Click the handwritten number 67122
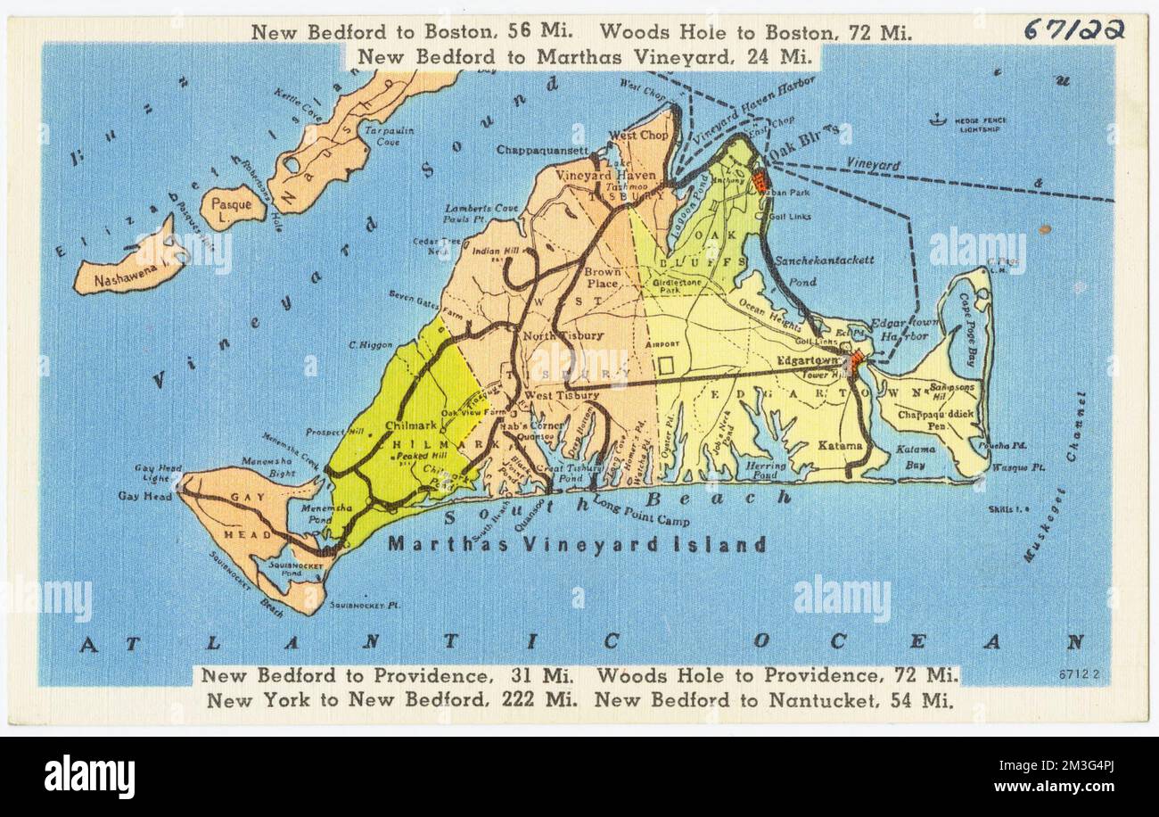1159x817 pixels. coord(1073,29)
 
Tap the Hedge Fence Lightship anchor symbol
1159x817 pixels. coord(936,120)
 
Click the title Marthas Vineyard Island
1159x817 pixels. coord(576,544)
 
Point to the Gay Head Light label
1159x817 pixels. coord(157,473)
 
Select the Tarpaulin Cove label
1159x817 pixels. coord(388,136)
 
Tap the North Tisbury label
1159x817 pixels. coord(551,336)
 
